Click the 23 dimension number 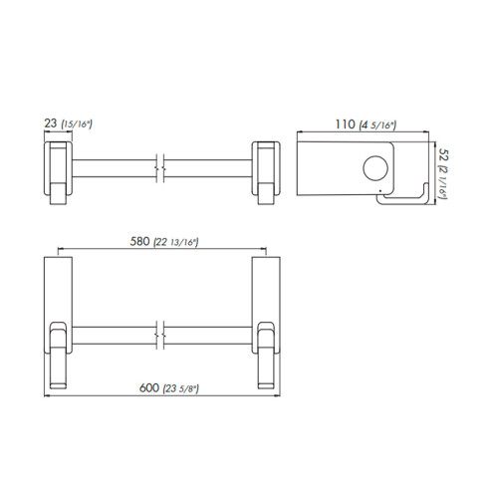[x=51, y=123]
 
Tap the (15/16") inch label [x=77, y=124]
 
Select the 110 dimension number [x=345, y=124]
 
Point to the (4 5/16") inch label [x=377, y=125]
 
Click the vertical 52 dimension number [x=443, y=154]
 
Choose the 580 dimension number [x=139, y=241]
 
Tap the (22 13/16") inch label [x=176, y=242]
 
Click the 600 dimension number [x=149, y=387]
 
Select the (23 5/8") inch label [x=181, y=388]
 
